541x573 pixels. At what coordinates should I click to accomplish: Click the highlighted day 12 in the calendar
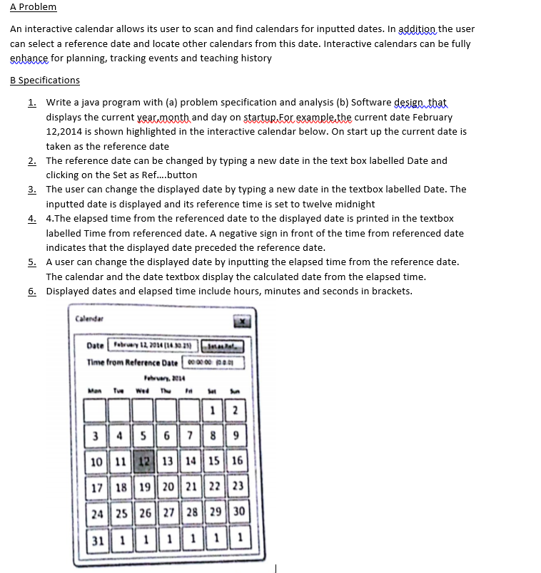[143, 461]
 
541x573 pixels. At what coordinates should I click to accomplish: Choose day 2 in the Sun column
[238, 410]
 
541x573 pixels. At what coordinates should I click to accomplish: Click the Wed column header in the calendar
[143, 389]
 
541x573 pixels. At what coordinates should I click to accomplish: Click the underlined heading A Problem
[33, 7]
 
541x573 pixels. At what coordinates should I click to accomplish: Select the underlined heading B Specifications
[45, 80]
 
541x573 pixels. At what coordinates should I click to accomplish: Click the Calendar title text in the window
[90, 319]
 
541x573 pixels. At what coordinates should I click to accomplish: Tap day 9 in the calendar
[238, 435]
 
